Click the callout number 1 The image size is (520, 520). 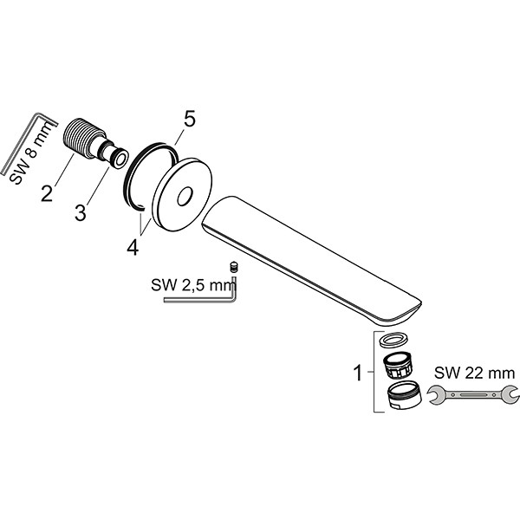(358, 373)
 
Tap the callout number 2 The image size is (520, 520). (47, 193)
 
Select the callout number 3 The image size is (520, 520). (81, 212)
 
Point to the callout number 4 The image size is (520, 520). (133, 247)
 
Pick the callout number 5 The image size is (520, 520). (189, 119)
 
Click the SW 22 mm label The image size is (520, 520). (475, 373)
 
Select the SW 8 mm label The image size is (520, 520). (31, 153)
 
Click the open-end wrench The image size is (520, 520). (473, 394)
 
